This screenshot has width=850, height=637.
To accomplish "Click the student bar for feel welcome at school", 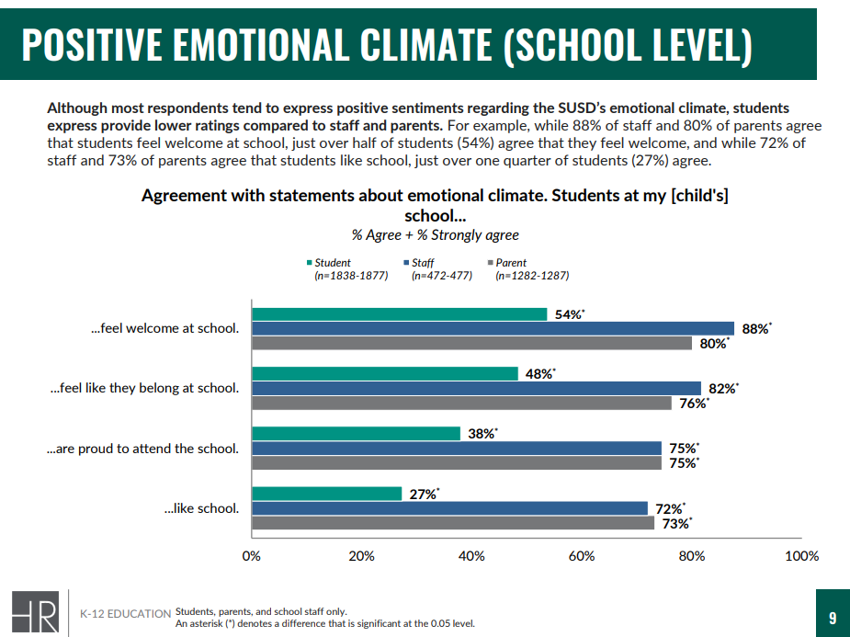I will (400, 314).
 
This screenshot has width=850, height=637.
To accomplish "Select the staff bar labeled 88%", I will (493, 329).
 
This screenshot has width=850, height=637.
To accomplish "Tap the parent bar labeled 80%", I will (471, 344).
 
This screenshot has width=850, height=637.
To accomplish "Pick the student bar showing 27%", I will (326, 494).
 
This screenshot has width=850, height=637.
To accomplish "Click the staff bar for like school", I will (449, 508).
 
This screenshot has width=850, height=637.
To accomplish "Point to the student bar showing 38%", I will (356, 434).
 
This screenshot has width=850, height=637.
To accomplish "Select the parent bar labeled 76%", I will (461, 404).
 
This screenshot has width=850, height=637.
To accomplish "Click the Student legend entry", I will (332, 263).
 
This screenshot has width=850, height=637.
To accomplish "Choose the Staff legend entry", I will (423, 263).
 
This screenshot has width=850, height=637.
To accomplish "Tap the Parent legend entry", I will (510, 263).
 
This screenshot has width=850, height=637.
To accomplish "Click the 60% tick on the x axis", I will (582, 556).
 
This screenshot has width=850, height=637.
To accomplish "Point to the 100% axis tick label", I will (801, 556).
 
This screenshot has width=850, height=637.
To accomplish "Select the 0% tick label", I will (251, 556).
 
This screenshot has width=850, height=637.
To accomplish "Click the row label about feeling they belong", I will (144, 388).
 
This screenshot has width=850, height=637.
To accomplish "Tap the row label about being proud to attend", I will (142, 449).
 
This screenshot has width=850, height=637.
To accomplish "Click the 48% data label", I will (538, 374).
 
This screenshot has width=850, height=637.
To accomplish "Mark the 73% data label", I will (675, 524).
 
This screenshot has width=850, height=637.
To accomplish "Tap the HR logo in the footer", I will (35, 613).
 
